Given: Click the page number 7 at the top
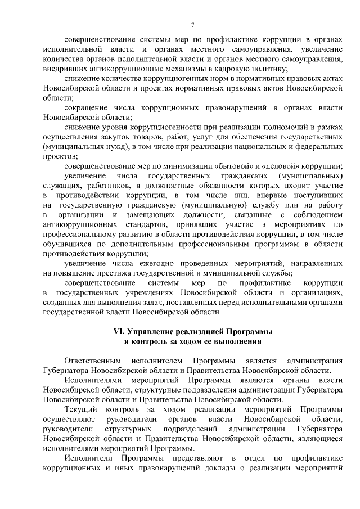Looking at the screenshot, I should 193,24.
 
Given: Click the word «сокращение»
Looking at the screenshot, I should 87,107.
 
